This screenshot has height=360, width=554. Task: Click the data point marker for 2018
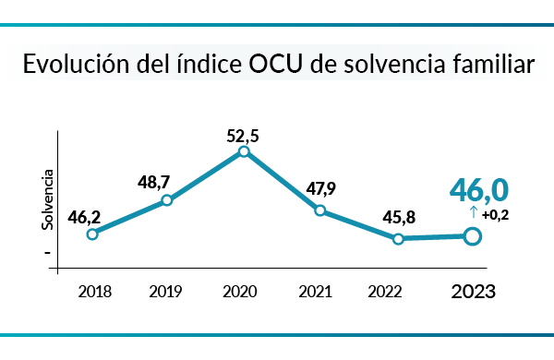pos(92,234)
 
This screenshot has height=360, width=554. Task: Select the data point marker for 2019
pos(167,199)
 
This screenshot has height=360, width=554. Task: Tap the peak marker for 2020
pos(243,151)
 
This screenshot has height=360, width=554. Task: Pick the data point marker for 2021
pos(319,210)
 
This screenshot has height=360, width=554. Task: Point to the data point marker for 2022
pos(398,239)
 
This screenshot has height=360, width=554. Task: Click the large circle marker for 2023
pos(472,237)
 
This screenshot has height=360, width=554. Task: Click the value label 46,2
pos(84,219)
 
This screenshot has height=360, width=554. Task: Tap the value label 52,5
pos(242,136)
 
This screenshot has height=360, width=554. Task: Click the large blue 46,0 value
pos(479,190)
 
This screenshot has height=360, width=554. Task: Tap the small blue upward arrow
pos(473,213)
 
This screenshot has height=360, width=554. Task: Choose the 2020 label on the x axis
pos(240,292)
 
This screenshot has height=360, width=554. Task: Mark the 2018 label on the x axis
pos(95,292)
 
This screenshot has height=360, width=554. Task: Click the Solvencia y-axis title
pos(47,199)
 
